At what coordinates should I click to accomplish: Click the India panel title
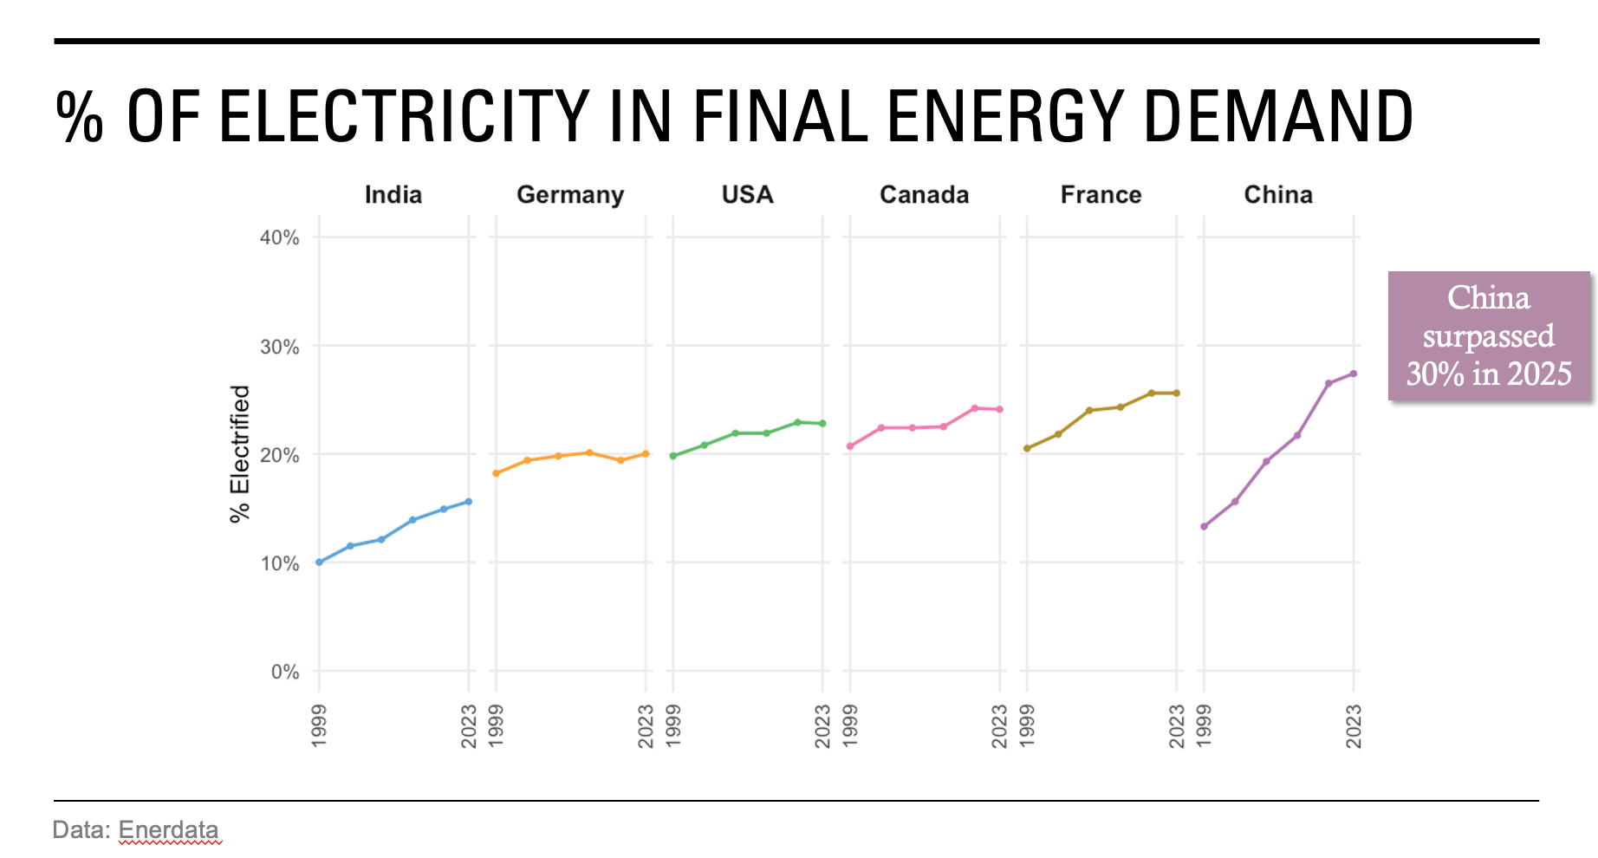[x=393, y=194]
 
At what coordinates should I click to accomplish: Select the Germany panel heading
[x=570, y=194]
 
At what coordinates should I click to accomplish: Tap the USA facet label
[x=747, y=194]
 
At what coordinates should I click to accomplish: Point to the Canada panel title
[x=924, y=194]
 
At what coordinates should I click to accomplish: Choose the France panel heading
[x=1101, y=194]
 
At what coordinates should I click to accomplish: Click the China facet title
[x=1278, y=194]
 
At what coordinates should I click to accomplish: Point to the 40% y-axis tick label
[x=279, y=237]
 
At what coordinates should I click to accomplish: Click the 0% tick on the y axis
[x=284, y=672]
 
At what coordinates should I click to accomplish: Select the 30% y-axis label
[x=279, y=347]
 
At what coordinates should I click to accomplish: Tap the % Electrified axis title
[x=240, y=453]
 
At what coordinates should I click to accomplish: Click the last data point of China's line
[x=1353, y=374]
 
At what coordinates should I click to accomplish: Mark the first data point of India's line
[x=319, y=562]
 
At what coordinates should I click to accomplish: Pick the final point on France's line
[x=1176, y=393]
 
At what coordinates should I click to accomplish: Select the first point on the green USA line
[x=673, y=456]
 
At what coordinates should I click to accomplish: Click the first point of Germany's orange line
[x=496, y=473]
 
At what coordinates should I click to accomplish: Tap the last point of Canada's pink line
[x=999, y=409]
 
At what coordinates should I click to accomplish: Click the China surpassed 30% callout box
[x=1488, y=336]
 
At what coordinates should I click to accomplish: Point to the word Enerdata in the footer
[x=168, y=829]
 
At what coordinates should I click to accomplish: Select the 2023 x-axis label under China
[x=1353, y=726]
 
